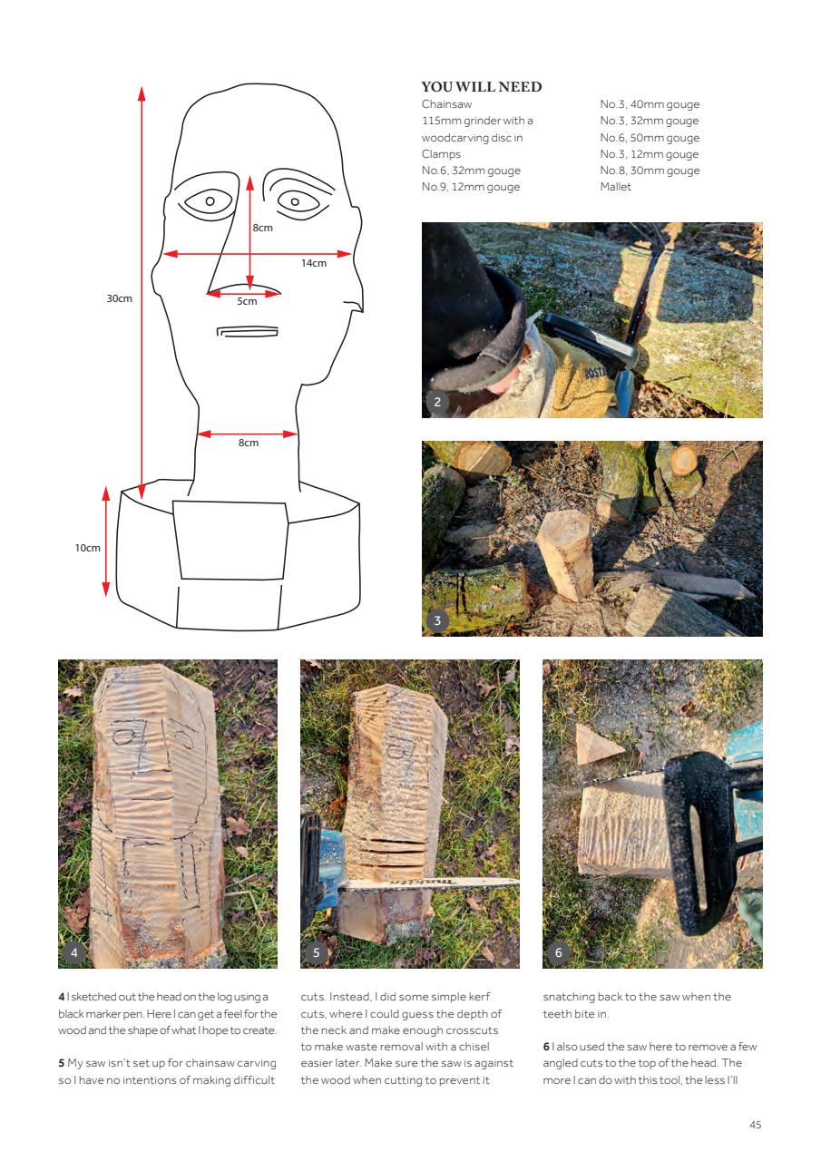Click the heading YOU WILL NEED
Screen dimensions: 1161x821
482,87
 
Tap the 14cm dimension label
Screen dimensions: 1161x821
314,263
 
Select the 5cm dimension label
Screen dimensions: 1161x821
247,301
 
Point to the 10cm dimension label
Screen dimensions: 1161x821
88,548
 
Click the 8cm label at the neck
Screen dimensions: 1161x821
249,443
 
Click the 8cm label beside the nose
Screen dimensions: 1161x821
262,228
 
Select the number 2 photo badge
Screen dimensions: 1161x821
437,403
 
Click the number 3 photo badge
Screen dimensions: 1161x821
437,621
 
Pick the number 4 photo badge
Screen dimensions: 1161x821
73,953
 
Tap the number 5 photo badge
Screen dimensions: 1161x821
316,953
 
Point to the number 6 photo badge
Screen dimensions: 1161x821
558,953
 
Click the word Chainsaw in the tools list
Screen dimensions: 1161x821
446,104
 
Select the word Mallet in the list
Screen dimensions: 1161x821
615,187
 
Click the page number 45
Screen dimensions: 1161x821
755,1125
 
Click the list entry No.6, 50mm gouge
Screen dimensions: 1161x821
650,138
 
